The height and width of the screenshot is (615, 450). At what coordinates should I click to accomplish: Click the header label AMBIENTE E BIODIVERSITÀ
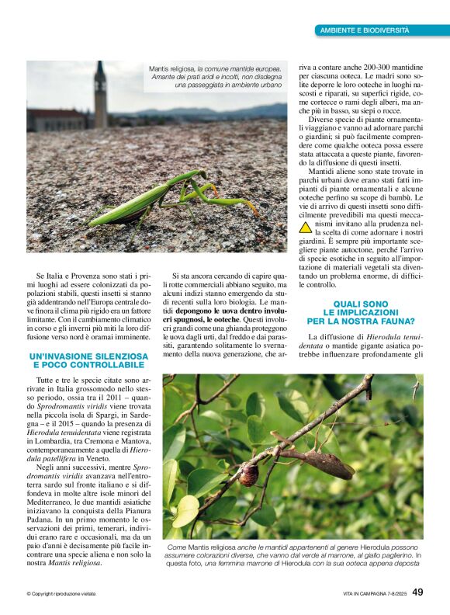click(x=365, y=30)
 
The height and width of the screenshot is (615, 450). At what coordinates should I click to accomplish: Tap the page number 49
click(x=418, y=592)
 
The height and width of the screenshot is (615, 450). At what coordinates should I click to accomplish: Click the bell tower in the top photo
click(x=101, y=95)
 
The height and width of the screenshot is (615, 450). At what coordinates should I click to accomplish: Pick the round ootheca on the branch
click(x=249, y=474)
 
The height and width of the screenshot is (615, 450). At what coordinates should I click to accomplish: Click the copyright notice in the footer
click(x=61, y=594)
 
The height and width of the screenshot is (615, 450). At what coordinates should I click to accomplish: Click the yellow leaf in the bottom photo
click(x=185, y=512)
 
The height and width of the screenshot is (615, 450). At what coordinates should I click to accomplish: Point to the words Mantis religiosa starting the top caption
click(x=168, y=70)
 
